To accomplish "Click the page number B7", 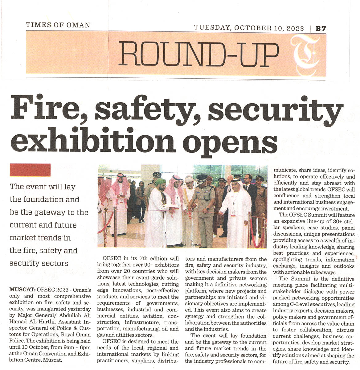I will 321,29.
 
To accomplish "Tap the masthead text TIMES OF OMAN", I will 58,25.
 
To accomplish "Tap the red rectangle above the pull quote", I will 30,170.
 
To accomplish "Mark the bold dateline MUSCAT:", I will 23,290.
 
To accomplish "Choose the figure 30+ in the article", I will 321,221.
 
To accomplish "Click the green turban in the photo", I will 160,182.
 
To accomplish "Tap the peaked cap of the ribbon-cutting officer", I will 202,178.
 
